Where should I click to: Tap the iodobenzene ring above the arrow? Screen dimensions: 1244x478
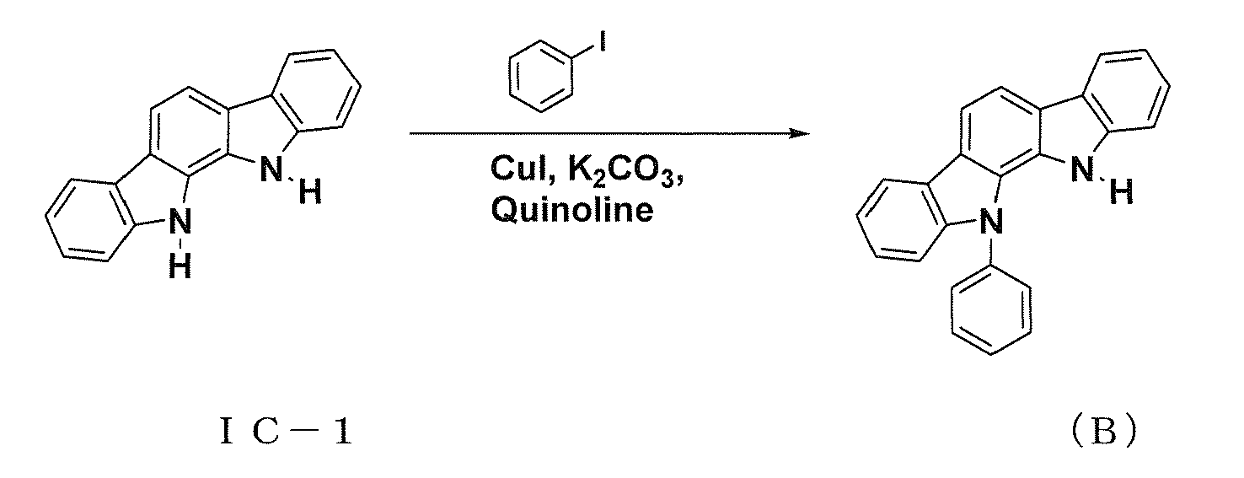click(541, 76)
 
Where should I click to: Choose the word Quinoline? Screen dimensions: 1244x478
click(572, 210)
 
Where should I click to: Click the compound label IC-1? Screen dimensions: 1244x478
click(286, 432)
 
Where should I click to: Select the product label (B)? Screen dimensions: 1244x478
click(1103, 431)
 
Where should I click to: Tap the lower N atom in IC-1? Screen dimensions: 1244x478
click(180, 223)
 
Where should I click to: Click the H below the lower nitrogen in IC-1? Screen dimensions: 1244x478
click(180, 266)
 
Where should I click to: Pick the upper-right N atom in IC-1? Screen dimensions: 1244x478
click(271, 169)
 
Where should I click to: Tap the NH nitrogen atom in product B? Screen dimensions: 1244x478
click(1082, 169)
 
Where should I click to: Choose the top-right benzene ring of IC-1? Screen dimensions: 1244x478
click(316, 91)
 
